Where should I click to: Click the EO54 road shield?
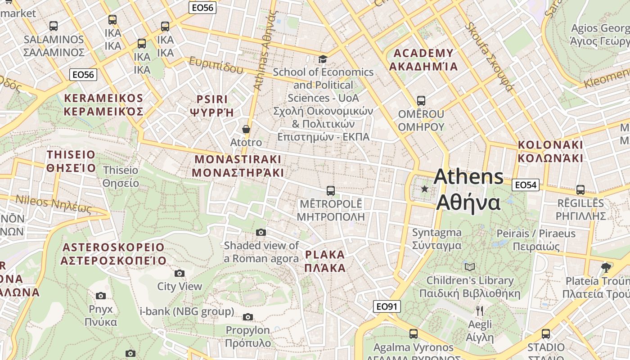click(526, 184)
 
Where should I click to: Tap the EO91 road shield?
click(387, 306)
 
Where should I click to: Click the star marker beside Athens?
click(424, 189)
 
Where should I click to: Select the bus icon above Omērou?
click(421, 101)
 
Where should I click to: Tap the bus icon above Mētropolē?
click(331, 191)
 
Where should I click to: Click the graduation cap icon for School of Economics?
click(323, 59)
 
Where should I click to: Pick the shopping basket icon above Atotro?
click(246, 130)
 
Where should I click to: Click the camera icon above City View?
click(180, 273)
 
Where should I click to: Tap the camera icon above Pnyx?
click(101, 296)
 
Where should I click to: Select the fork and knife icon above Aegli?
click(480, 310)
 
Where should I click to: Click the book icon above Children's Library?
click(470, 267)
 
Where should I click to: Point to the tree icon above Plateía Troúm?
click(606, 268)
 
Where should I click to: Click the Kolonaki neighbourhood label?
click(550, 151)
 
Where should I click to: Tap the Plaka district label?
click(325, 261)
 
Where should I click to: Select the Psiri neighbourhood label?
click(212, 105)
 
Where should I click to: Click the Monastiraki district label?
click(238, 166)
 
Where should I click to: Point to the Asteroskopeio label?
click(113, 254)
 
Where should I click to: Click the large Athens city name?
click(468, 189)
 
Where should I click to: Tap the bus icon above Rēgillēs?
click(580, 190)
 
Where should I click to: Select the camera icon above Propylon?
click(248, 317)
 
